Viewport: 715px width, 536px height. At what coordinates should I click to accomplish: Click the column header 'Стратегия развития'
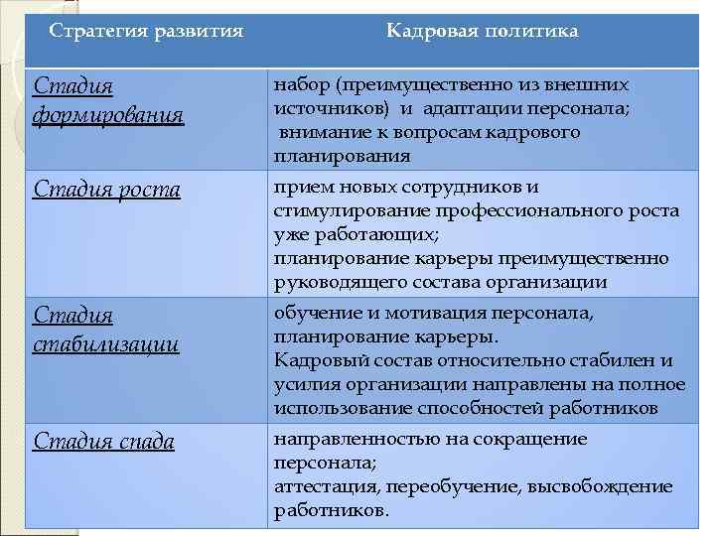pyautogui.click(x=146, y=31)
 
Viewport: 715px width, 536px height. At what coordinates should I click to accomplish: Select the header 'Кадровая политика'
pyautogui.click(x=483, y=31)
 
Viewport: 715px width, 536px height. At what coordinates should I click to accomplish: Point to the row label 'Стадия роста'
pyautogui.click(x=107, y=189)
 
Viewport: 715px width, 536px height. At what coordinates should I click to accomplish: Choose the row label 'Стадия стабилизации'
pyautogui.click(x=106, y=330)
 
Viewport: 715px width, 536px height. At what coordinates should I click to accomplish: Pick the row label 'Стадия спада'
pyautogui.click(x=104, y=442)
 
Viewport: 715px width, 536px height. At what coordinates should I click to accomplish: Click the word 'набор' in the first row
pyautogui.click(x=297, y=85)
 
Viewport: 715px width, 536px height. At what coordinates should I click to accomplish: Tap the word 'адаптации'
pyautogui.click(x=466, y=108)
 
